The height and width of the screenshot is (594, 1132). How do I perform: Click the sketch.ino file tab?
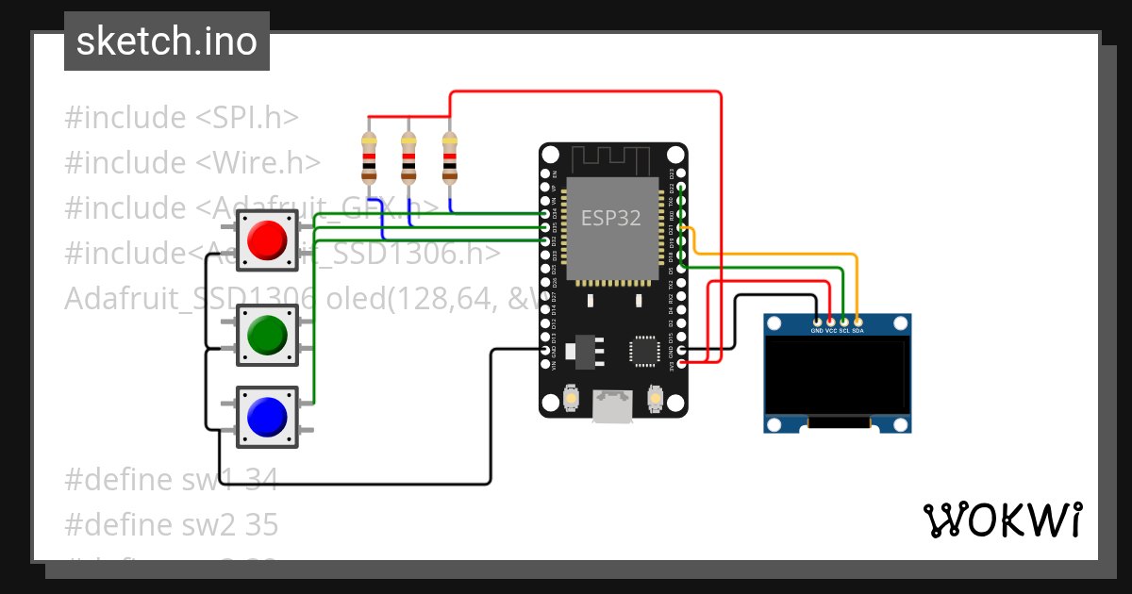pyautogui.click(x=166, y=41)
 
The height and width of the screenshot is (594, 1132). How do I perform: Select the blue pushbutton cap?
pyautogui.click(x=266, y=415)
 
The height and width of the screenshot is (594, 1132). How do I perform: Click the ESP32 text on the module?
pyautogui.click(x=610, y=219)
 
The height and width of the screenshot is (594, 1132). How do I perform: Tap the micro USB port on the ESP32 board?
pyautogui.click(x=612, y=406)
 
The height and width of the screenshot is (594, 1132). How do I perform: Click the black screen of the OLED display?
pyautogui.click(x=837, y=376)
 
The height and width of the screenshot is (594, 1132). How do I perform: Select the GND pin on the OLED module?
pyautogui.click(x=817, y=322)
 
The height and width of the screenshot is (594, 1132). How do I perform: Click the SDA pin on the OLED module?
pyautogui.click(x=857, y=322)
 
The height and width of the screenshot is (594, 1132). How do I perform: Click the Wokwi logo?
pyautogui.click(x=1002, y=520)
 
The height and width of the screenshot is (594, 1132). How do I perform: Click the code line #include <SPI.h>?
pyautogui.click(x=181, y=118)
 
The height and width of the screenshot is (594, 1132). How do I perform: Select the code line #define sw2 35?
pyautogui.click(x=171, y=524)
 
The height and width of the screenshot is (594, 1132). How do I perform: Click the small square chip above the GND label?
pyautogui.click(x=646, y=350)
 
